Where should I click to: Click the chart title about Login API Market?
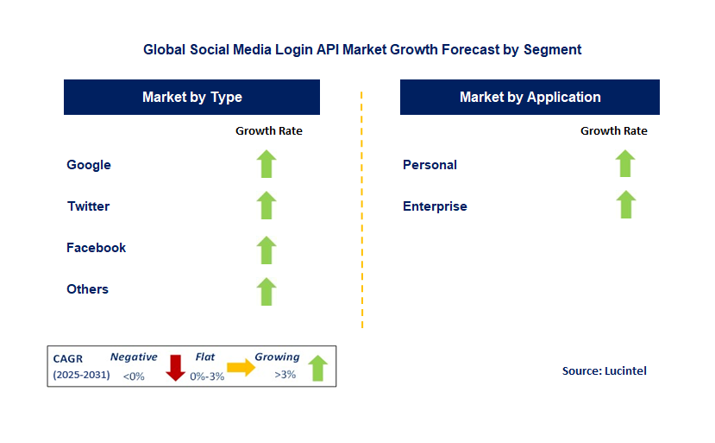362,50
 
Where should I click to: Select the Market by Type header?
191,98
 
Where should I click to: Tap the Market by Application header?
530,98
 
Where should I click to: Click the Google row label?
89,165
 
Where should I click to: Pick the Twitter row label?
89,206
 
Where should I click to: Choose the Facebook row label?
96,248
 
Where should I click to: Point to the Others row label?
87,289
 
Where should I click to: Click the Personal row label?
430,165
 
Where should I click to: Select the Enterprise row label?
435,206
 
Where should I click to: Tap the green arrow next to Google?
267,164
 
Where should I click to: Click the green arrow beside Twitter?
267,206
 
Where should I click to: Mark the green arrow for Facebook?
267,250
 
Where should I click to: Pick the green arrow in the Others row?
267,291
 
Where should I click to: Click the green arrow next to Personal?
625,163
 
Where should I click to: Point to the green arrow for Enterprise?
625,205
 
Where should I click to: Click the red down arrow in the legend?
176,367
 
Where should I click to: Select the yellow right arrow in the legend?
241,368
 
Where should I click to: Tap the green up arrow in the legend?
318,368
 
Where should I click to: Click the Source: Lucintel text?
604,371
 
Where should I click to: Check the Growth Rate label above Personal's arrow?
613,131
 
